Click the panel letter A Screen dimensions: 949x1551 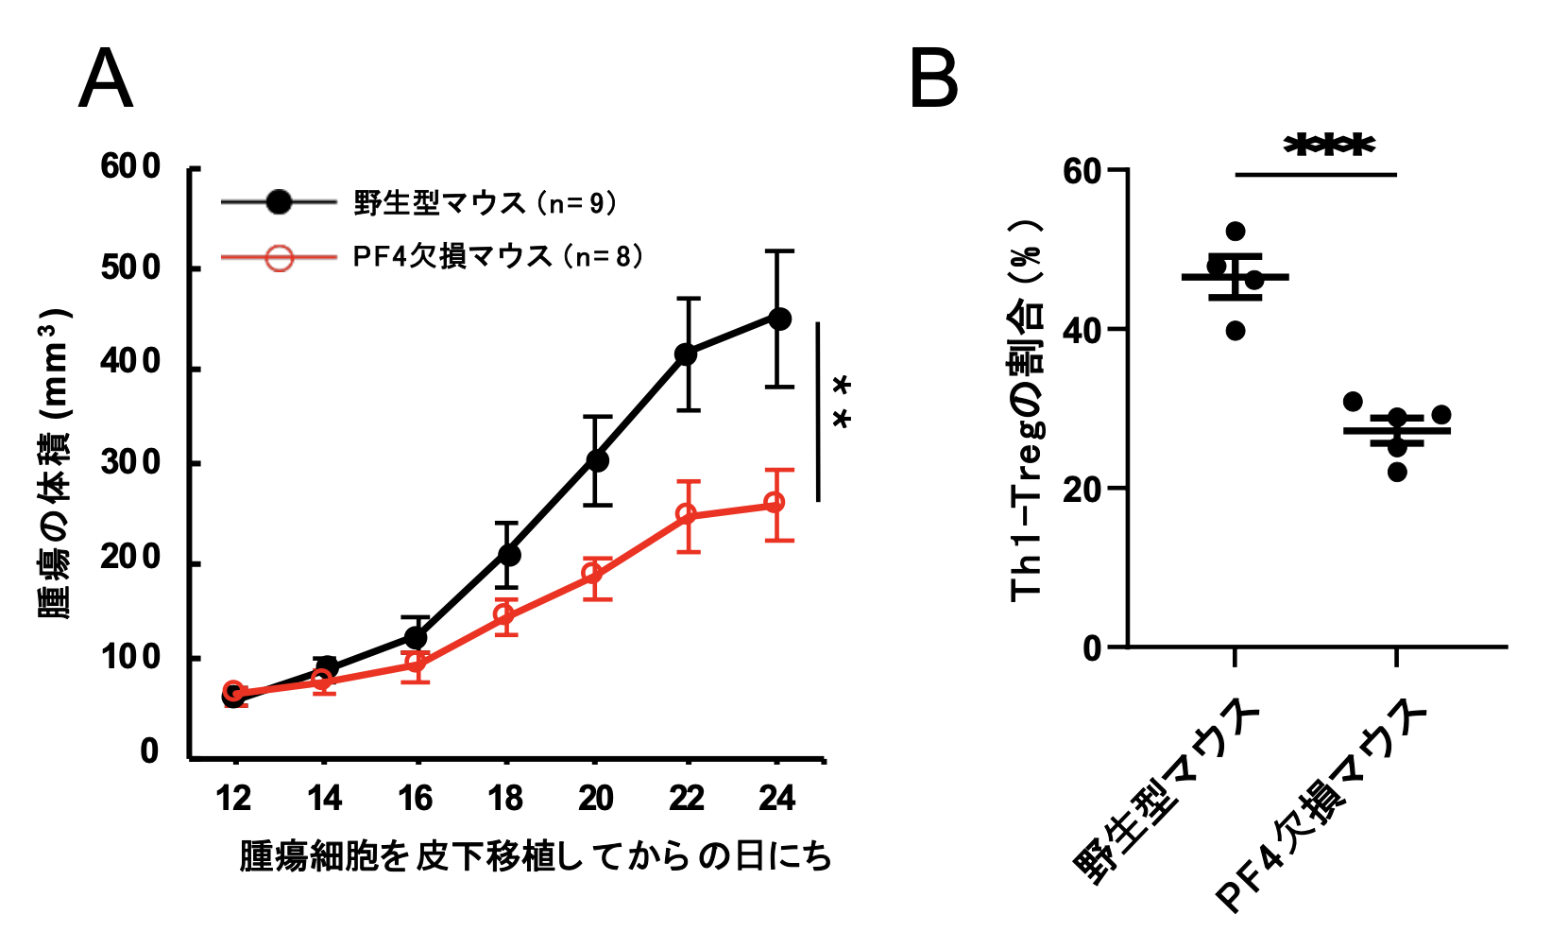[x=105, y=81]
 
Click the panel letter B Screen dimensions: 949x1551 [x=933, y=81]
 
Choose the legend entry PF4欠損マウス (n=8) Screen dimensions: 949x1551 [x=498, y=257]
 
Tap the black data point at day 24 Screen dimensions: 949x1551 [x=779, y=319]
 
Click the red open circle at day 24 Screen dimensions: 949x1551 [x=774, y=503]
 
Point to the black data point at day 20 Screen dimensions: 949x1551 [x=597, y=460]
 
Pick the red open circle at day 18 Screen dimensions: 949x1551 [x=505, y=615]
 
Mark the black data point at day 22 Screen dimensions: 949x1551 [x=687, y=354]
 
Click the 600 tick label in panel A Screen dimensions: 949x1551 [x=131, y=168]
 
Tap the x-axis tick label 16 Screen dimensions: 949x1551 [x=416, y=800]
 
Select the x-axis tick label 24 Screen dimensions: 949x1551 [x=776, y=800]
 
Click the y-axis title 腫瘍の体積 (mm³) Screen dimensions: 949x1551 [x=55, y=463]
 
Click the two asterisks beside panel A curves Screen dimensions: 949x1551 [x=841, y=404]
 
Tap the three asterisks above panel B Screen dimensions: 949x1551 [x=1329, y=146]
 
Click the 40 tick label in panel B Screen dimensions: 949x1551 [x=1082, y=330]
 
